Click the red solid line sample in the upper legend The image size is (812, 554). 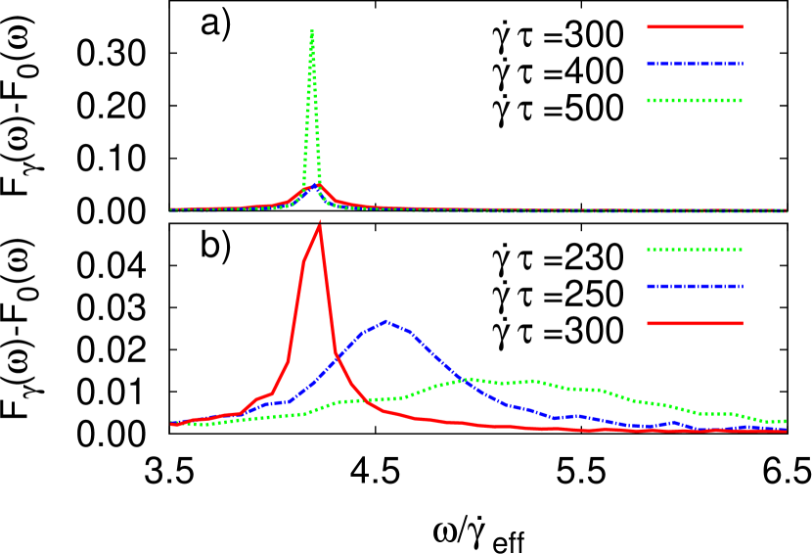point(695,26)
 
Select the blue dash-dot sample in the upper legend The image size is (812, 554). point(695,64)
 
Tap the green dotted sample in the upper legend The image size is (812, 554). point(695,100)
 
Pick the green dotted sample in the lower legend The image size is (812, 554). point(695,250)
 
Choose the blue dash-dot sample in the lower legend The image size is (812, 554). point(695,287)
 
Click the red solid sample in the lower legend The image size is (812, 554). point(695,323)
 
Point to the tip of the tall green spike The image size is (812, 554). point(312,31)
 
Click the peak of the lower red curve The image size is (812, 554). point(319,226)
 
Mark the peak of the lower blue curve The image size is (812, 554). point(386,320)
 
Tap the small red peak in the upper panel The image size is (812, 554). point(319,184)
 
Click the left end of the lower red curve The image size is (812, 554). point(172,424)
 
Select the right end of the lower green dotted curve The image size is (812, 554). point(785,421)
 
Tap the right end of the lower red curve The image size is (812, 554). point(785,431)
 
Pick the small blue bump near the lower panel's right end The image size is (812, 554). point(675,423)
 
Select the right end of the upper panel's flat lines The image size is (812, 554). point(787,210)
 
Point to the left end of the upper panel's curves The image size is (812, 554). point(171,209)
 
